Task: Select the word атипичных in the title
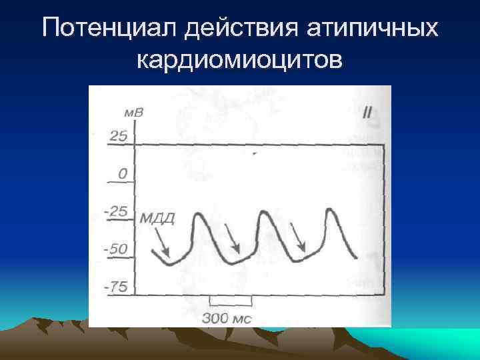[374, 28]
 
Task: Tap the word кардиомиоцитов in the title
[240, 61]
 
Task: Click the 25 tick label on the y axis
[118, 137]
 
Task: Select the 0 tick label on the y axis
[123, 173]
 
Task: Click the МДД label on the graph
[157, 218]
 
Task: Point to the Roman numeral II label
[367, 112]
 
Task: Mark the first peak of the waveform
[199, 215]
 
